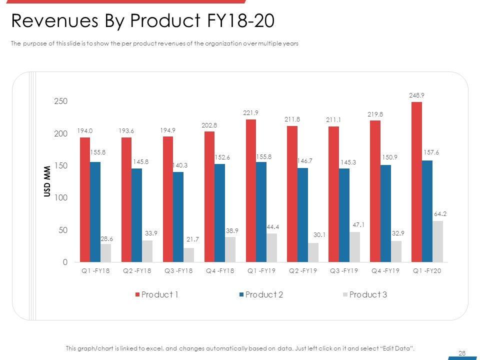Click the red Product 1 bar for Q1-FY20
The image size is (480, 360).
tap(416, 182)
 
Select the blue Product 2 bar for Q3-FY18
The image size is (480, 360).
tap(178, 217)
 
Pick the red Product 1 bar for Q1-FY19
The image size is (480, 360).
tap(251, 190)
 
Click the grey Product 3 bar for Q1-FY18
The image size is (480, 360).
tap(105, 253)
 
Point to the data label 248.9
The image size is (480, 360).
tap(416, 94)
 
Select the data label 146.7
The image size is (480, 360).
tap(303, 161)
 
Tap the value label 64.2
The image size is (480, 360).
tap(440, 213)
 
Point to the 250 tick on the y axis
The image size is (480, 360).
tap(60, 101)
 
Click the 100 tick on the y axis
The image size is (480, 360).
tap(60, 198)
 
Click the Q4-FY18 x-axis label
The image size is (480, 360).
tap(220, 270)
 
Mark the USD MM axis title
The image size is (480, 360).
tap(47, 181)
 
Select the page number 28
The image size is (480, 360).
tap(462, 353)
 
